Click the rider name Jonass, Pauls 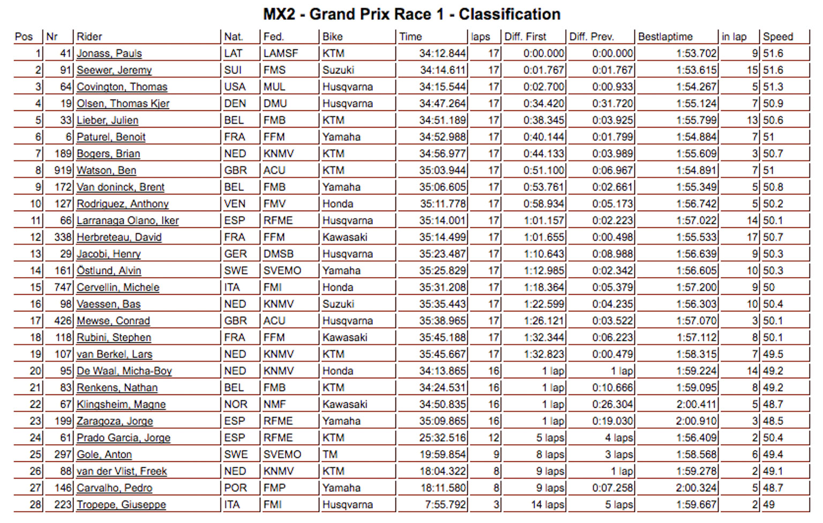tap(109, 54)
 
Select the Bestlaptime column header tap(665, 37)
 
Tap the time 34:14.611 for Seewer tap(443, 70)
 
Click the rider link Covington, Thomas tap(122, 87)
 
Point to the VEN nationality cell tap(235, 204)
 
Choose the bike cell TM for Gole tap(330, 455)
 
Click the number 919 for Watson tap(63, 170)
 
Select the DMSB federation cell tap(278, 254)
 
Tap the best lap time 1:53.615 tap(696, 70)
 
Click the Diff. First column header tap(525, 37)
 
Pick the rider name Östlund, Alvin tap(109, 271)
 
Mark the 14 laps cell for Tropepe tap(547, 505)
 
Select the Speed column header tap(777, 37)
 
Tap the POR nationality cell tap(235, 488)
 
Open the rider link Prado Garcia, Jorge tap(123, 438)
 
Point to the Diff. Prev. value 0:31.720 tap(612, 103)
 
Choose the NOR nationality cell tap(236, 405)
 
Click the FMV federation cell tap(274, 204)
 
